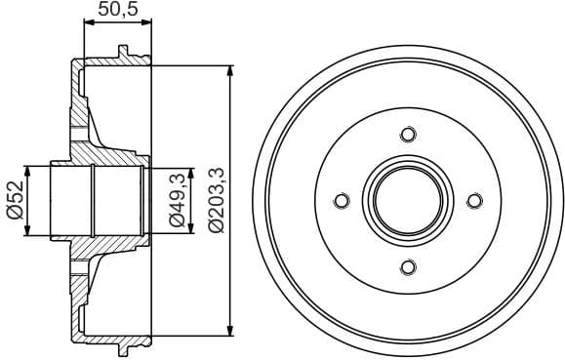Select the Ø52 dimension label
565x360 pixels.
[14, 202]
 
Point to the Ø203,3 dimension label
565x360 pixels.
[216, 200]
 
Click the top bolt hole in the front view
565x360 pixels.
[408, 135]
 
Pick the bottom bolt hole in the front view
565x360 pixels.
[408, 267]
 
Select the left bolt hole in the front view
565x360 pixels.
[342, 201]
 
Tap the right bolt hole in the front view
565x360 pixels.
[474, 201]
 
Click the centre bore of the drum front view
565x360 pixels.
[408, 201]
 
